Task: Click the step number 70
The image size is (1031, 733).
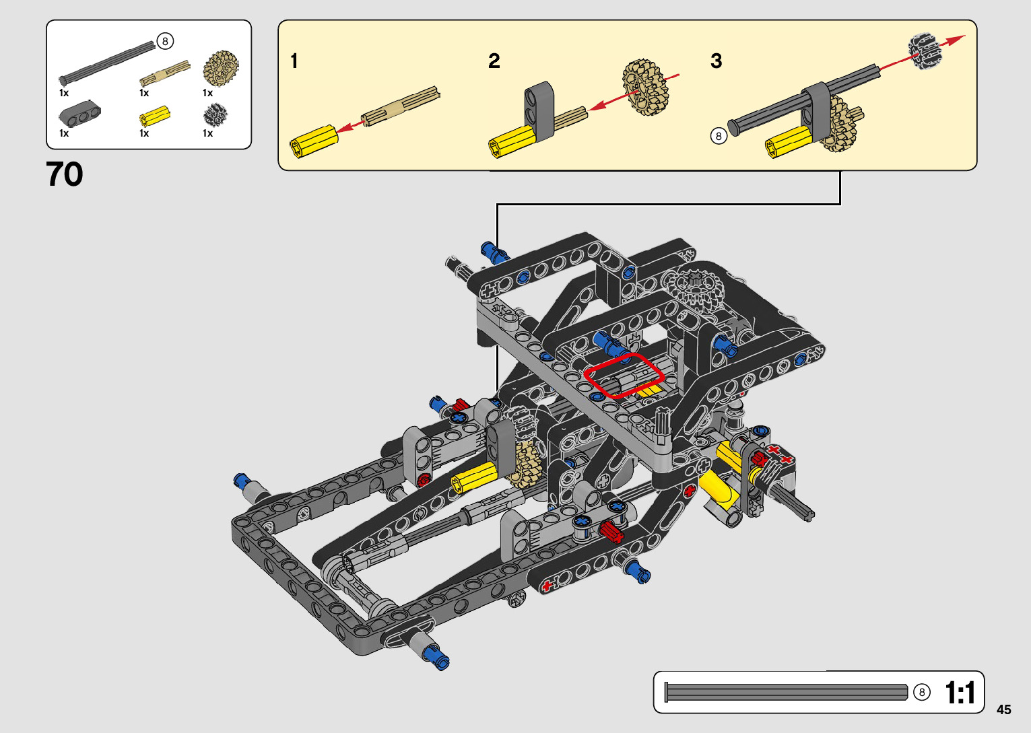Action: tap(65, 174)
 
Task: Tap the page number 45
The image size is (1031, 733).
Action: tap(1004, 709)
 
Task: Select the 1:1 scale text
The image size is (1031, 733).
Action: tap(960, 693)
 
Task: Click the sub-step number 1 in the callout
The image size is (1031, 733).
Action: tap(294, 61)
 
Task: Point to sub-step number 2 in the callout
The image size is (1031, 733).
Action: tap(494, 61)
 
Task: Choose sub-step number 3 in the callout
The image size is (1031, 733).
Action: tap(716, 61)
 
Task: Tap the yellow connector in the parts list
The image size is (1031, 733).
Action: tap(155, 116)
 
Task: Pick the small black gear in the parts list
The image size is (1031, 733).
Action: tap(215, 115)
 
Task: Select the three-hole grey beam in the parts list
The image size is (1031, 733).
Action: tap(79, 112)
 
